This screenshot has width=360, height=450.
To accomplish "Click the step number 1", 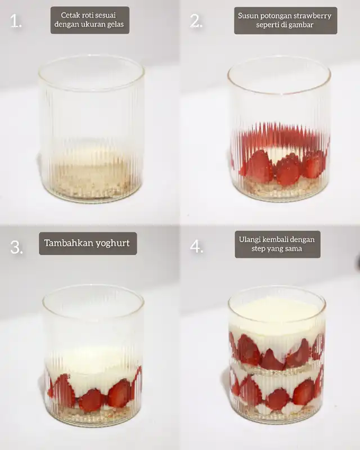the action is [16, 21].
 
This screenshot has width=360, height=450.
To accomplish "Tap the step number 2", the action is [197, 21].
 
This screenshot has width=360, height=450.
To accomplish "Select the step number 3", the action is [16, 247].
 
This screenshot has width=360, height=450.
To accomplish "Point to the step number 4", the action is [197, 246].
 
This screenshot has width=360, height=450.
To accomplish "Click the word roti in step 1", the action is [84, 15].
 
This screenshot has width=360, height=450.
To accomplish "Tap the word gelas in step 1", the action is [115, 24].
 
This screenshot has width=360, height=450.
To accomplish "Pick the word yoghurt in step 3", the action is [112, 244].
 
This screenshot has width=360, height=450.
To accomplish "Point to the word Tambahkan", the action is [68, 243].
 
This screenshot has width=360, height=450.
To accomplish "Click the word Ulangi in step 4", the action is [249, 240].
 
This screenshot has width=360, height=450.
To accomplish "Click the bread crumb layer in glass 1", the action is [91, 181].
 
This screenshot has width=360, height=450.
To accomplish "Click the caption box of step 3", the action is [88, 244].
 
